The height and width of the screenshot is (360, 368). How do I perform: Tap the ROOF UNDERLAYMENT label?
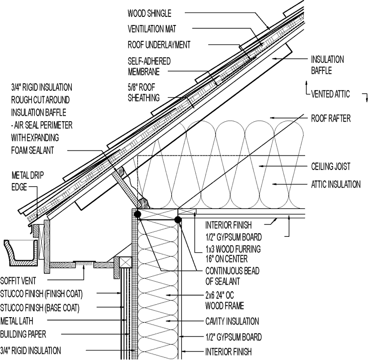click(159, 45)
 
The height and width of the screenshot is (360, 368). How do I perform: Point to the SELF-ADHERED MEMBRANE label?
click(149, 66)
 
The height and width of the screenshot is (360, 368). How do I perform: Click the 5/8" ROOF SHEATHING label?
click(144, 93)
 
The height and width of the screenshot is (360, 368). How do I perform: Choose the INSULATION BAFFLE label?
click(327, 65)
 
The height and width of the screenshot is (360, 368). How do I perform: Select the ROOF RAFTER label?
click(331, 119)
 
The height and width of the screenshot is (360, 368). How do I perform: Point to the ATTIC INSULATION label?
click(336, 184)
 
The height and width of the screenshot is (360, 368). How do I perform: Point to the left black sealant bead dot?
click(137, 214)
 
